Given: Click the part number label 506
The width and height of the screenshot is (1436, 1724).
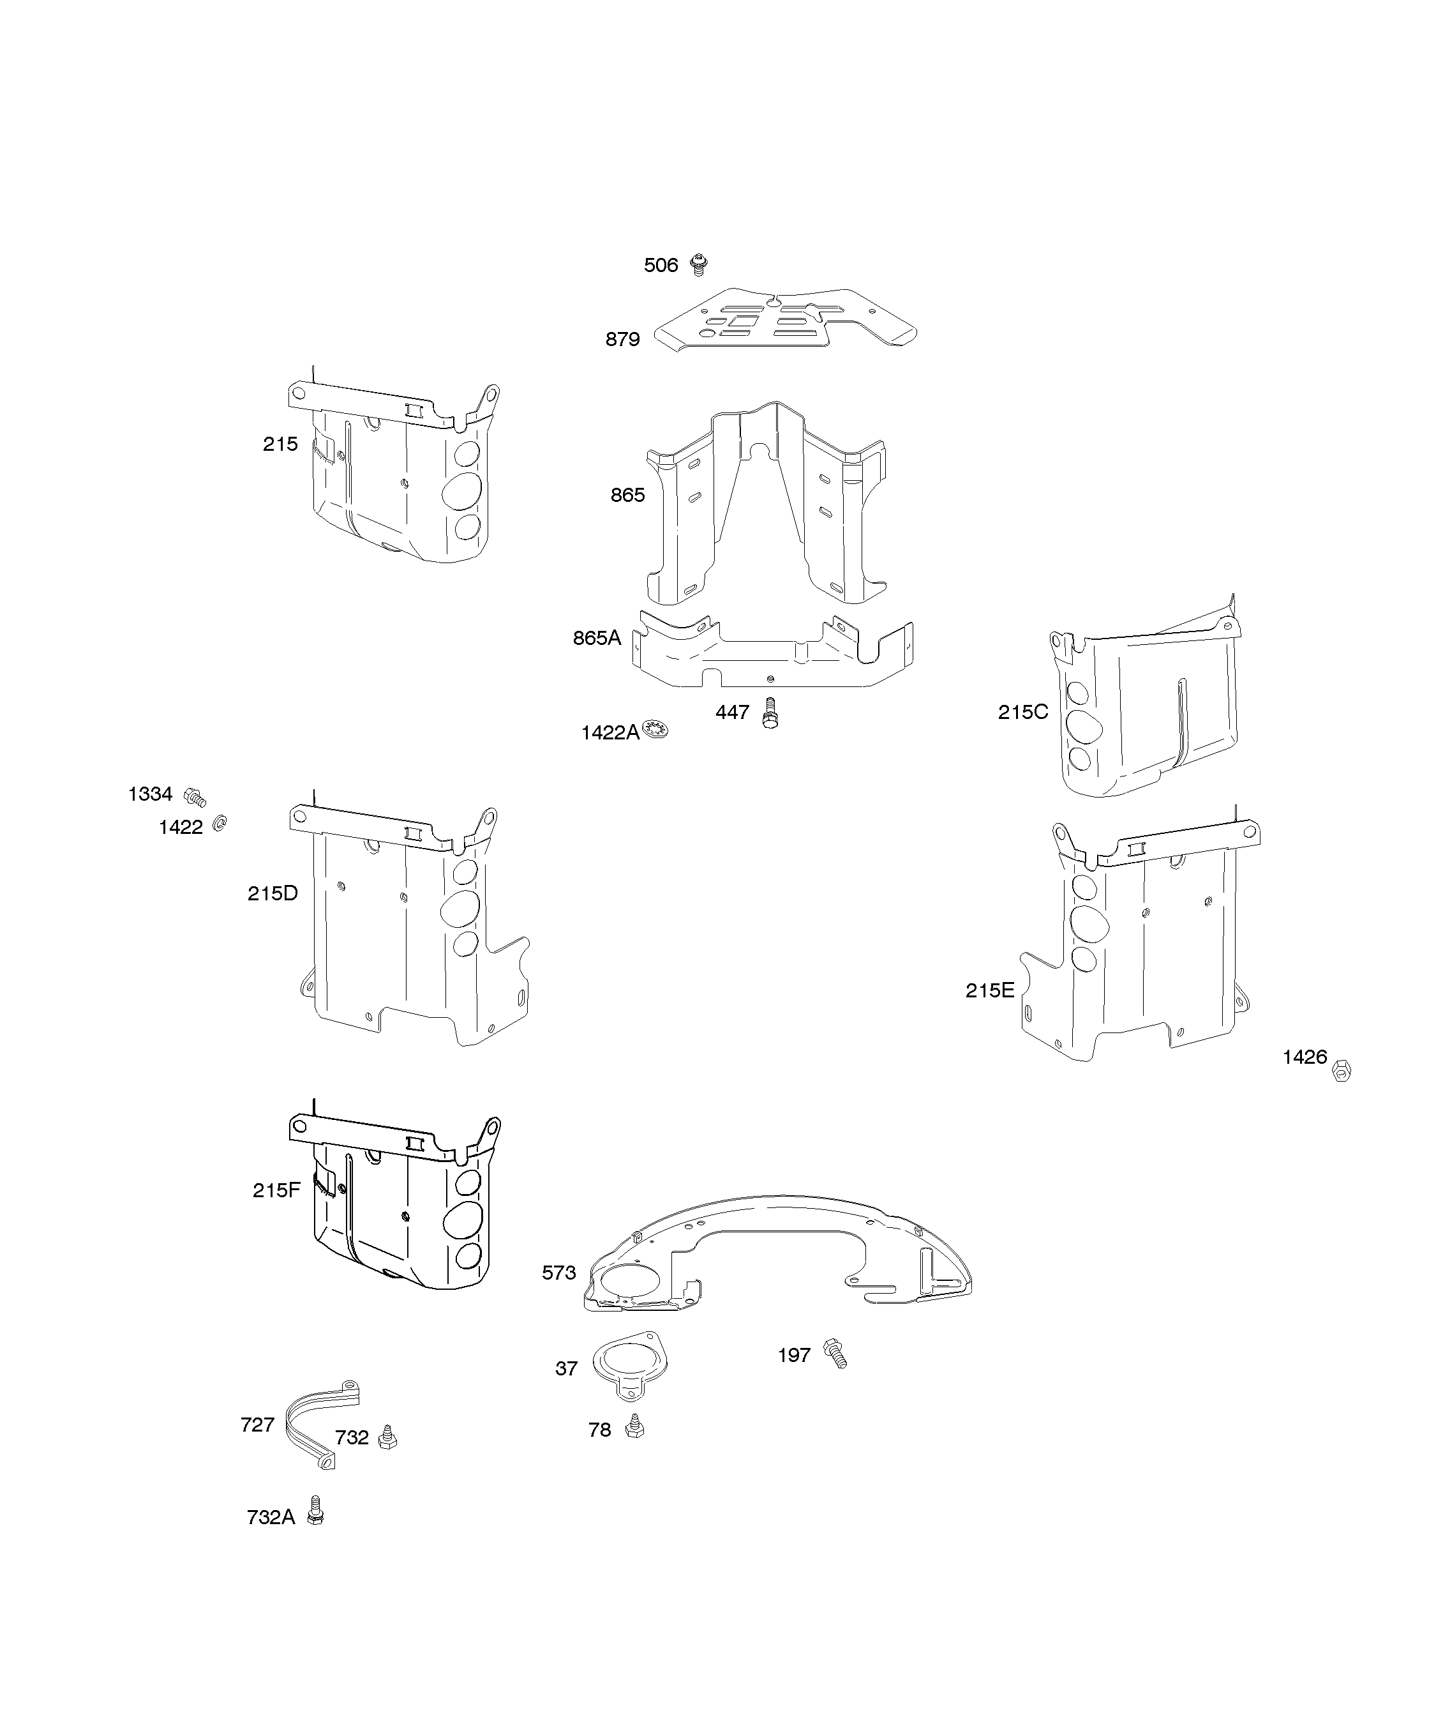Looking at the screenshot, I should tap(661, 265).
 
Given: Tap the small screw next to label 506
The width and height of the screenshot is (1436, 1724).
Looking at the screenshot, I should tap(699, 264).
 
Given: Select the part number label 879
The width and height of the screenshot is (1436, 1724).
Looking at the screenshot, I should tap(622, 339).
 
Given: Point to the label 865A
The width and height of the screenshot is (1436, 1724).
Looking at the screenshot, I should tap(597, 638).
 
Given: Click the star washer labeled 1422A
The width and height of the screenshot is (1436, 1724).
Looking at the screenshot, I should tap(655, 728).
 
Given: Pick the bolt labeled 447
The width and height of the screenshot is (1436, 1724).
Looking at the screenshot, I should tap(770, 712).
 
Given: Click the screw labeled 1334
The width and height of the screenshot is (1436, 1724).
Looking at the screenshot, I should tap(195, 796).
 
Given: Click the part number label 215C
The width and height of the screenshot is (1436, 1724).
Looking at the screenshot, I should tap(1022, 713).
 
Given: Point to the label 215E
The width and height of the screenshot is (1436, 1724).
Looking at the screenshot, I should tap(990, 991).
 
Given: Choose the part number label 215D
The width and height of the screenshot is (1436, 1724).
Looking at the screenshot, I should tap(273, 893).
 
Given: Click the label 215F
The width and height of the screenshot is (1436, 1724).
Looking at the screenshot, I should tap(276, 1190).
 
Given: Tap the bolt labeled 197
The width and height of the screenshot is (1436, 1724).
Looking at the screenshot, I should tap(835, 1353).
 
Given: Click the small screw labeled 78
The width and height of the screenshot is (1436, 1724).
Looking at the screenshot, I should tap(634, 1427).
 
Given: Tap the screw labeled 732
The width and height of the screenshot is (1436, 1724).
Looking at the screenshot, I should tap(387, 1437).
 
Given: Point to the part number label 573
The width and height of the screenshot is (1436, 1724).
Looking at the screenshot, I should tap(559, 1273).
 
